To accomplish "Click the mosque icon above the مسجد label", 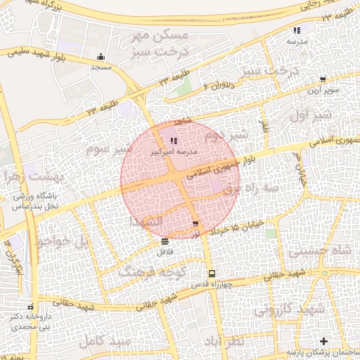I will click(x=101, y=57).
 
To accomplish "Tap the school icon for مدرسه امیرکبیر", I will click(x=174, y=141).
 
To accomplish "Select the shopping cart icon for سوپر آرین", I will click(x=322, y=80).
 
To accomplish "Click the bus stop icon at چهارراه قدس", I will click(x=210, y=274).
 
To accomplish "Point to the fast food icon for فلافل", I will click(x=164, y=241).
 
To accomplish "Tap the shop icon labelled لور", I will click(x=195, y=223).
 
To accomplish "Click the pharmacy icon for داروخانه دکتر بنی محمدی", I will click(x=30, y=307).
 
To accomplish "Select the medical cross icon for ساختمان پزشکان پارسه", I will click(x=323, y=341).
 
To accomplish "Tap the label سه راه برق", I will click(x=251, y=188).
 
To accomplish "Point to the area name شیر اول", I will click(x=309, y=115).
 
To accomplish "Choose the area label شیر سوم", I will click(x=109, y=150).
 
